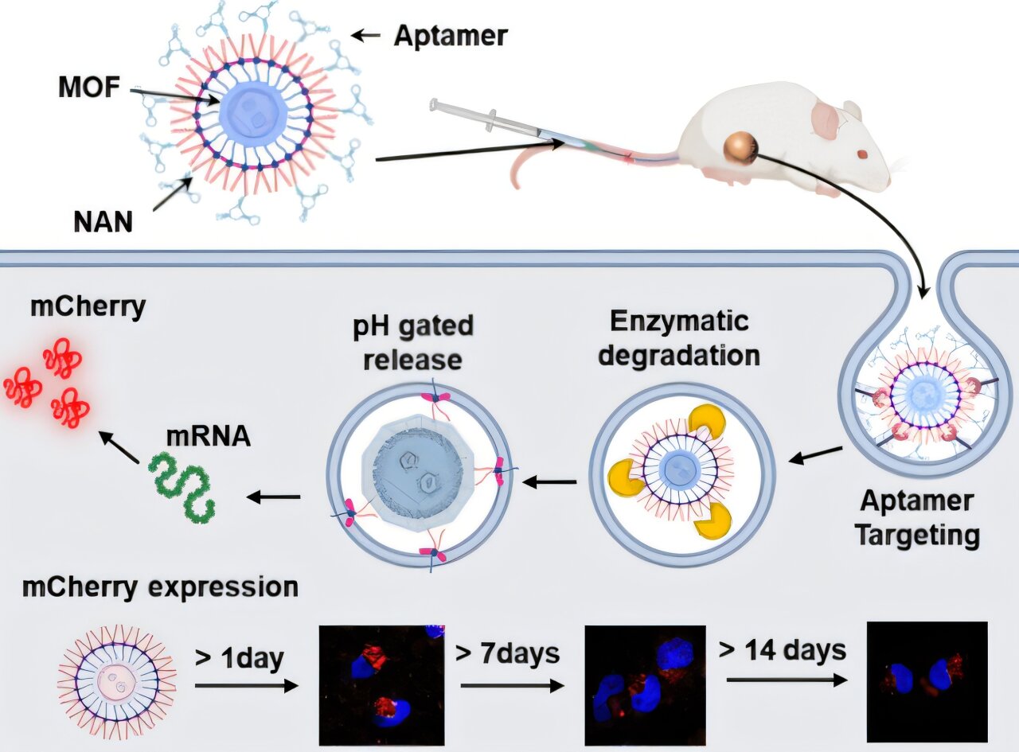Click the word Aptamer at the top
click(451, 36)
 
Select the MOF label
click(88, 88)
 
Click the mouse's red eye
click(862, 154)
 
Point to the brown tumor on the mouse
click(740, 149)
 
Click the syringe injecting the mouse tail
click(494, 123)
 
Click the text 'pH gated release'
click(414, 342)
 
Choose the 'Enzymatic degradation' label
click(679, 338)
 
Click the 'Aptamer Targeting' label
click(916, 518)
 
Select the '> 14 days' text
click(782, 649)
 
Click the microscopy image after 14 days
click(927, 682)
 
